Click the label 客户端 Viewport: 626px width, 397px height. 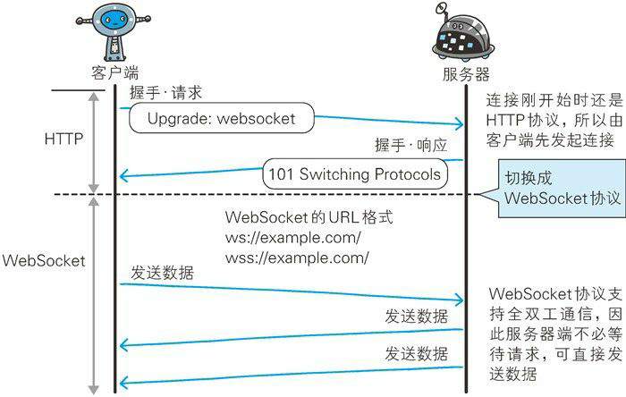[x=114, y=72]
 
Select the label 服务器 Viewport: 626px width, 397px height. [x=465, y=73]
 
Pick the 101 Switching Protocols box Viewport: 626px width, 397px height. [x=354, y=173]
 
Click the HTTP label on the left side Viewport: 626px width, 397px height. [x=65, y=139]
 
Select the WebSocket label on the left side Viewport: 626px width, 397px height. [x=44, y=261]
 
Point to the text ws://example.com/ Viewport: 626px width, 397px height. [x=293, y=239]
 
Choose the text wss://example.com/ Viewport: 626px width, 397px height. [x=297, y=258]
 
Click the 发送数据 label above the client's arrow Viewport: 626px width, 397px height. [x=161, y=272]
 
